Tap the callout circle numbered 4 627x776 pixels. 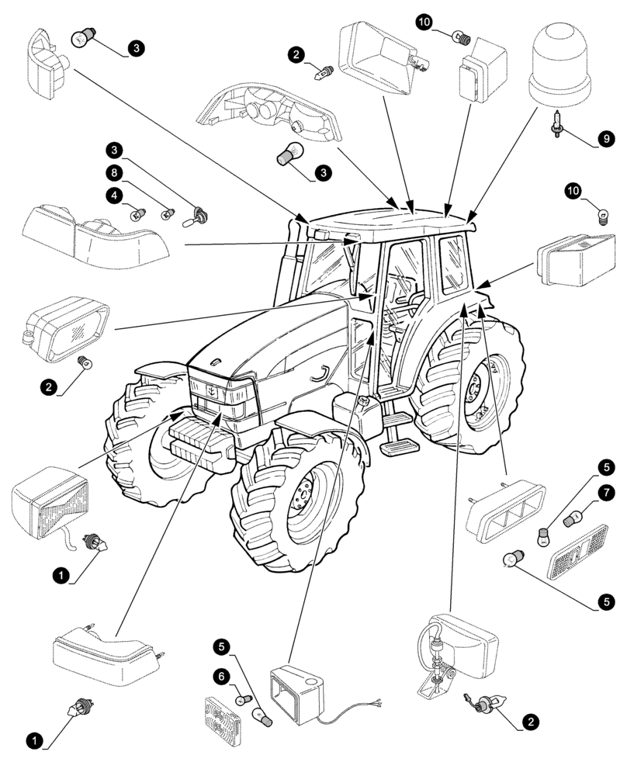tap(114, 197)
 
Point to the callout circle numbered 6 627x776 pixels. tap(221, 677)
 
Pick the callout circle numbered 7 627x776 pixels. tap(606, 493)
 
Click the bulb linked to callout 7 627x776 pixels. tap(575, 518)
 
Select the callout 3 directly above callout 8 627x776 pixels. tap(114, 149)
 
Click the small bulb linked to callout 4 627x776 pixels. tap(140, 210)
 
